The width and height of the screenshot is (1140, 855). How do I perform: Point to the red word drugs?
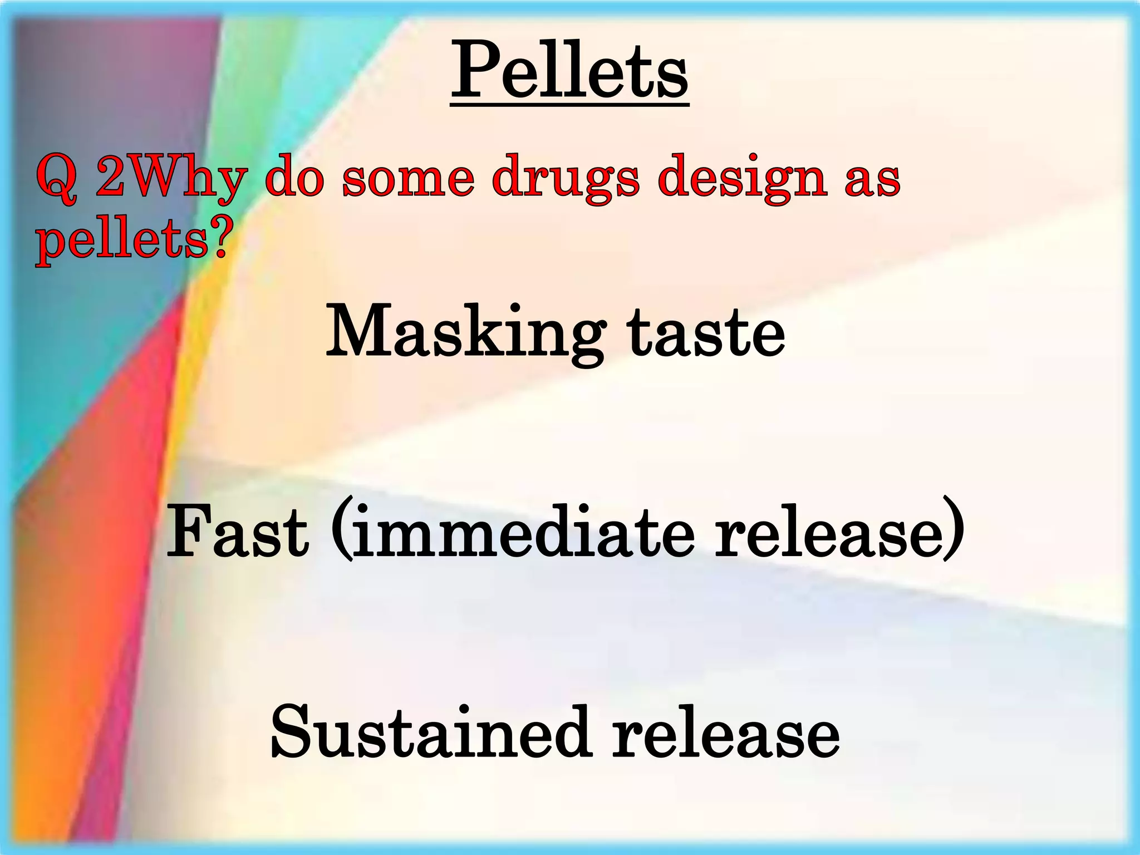point(566,179)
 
